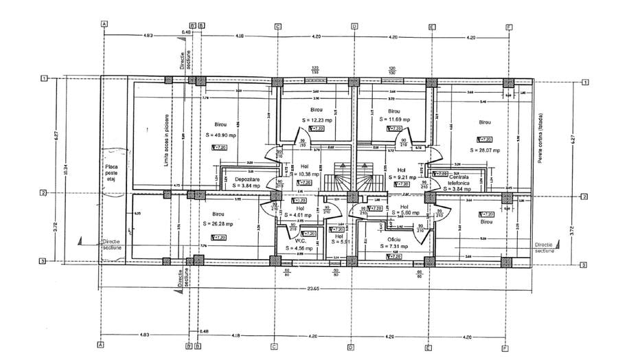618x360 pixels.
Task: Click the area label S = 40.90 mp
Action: coord(220,135)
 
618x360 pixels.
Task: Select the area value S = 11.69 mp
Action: coord(393,120)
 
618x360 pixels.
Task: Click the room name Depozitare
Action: coord(241,178)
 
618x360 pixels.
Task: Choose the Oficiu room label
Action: coord(392,239)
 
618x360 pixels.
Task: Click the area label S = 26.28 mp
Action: coord(218,224)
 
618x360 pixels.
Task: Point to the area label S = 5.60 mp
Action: coord(404,213)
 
